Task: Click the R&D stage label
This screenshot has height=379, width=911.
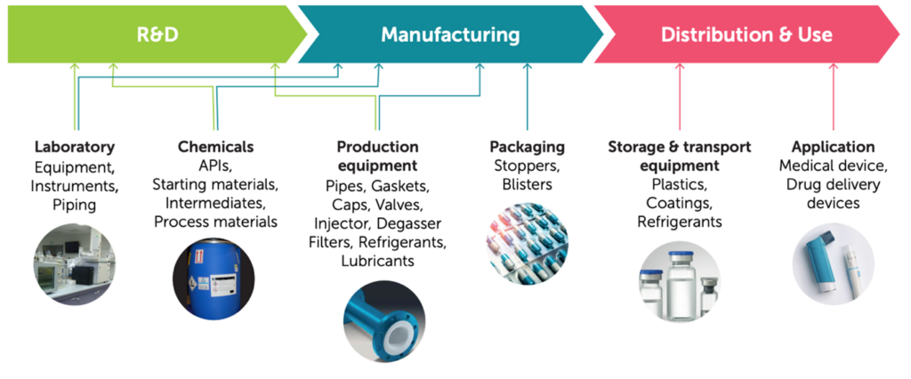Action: (157, 35)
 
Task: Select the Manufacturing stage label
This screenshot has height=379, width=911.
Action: (450, 35)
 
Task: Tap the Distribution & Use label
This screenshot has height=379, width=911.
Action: (746, 35)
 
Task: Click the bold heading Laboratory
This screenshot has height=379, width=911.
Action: (75, 147)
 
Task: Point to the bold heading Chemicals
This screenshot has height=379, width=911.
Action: (215, 147)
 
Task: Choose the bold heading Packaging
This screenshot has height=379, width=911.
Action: (527, 147)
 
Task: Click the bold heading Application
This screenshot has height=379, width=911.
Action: (833, 147)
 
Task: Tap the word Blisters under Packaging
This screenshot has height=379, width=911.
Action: (527, 184)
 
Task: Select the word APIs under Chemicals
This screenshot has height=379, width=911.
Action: (215, 165)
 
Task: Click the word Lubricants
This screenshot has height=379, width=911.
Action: (377, 261)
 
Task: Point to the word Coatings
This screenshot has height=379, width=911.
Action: (679, 203)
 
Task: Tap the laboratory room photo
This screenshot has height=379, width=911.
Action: (75, 264)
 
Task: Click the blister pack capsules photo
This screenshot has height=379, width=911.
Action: (527, 244)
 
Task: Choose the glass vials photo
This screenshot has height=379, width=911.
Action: (679, 281)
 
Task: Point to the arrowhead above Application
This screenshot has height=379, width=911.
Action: (833, 67)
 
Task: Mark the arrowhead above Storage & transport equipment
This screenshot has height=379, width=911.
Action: (679, 67)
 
